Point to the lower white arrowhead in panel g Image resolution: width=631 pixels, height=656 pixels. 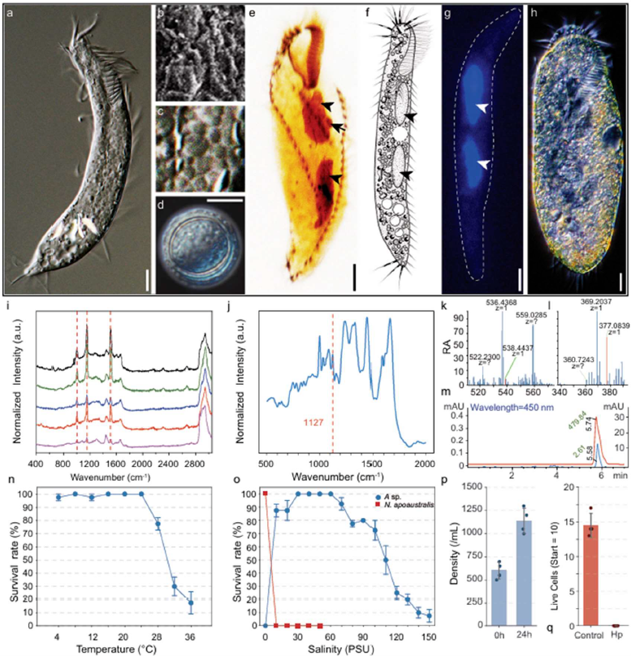tap(485, 165)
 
